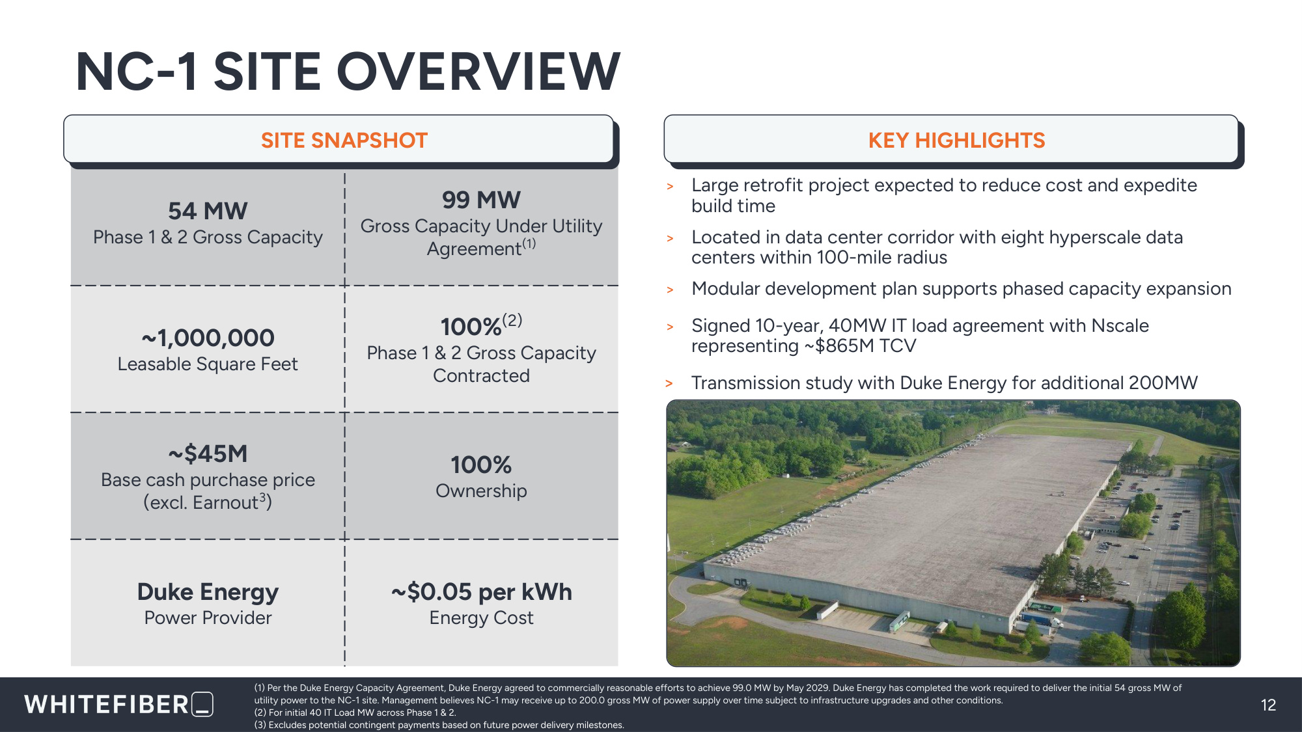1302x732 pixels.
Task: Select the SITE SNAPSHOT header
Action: coord(344,140)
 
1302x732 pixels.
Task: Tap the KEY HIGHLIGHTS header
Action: coord(956,140)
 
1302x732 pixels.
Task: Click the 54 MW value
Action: coord(208,211)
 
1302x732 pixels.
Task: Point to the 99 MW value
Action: coord(481,200)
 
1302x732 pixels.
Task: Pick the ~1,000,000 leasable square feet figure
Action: coord(208,338)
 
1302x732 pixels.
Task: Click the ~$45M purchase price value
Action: coord(208,454)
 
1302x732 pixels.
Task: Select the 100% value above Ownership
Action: coord(481,465)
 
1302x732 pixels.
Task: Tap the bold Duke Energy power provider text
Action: coord(208,592)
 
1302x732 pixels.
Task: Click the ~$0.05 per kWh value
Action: coord(481,592)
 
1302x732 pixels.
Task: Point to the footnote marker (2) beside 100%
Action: coord(512,320)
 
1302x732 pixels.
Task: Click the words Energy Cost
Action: coord(481,618)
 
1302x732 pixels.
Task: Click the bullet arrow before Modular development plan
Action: coord(670,290)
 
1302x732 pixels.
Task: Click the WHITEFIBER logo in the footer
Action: coord(119,705)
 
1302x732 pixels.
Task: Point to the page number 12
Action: coord(1268,705)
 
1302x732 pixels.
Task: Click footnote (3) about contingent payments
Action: coord(439,725)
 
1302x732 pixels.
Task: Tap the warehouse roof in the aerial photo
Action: coord(924,514)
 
